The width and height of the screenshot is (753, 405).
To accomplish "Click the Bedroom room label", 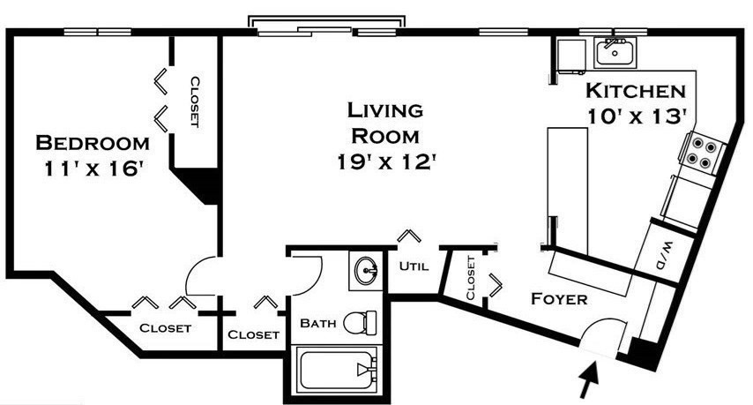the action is [93, 143].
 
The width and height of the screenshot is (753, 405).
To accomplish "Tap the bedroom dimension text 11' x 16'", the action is [94, 169].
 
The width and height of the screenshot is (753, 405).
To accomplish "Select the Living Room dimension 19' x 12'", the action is [385, 161].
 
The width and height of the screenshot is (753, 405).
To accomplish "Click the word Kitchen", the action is [636, 91].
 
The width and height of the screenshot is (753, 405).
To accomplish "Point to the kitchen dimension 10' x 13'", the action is [636, 116].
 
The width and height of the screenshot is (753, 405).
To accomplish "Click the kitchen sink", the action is [615, 52].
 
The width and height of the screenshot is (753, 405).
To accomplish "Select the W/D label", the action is [665, 255].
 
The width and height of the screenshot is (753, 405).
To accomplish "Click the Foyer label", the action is [559, 299].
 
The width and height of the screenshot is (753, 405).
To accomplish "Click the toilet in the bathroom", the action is [360, 322].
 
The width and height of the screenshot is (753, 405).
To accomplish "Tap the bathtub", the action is [337, 370].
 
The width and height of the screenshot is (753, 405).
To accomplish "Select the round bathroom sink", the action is [367, 271].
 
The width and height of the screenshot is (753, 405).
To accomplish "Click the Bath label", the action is [318, 323].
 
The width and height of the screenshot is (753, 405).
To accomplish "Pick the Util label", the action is [414, 266].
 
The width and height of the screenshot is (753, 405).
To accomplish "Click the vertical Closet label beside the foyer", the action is [471, 278].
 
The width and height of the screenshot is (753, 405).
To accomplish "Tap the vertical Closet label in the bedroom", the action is [195, 101].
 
